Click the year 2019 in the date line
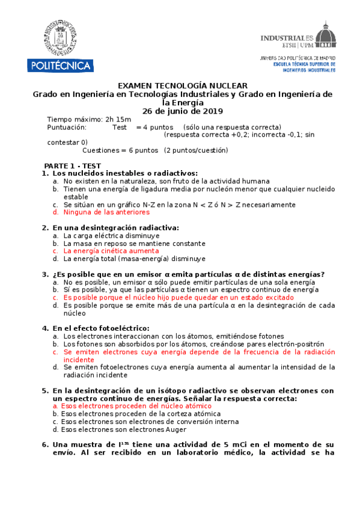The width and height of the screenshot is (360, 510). (x=213, y=111)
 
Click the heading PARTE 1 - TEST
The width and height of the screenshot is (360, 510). (x=72, y=165)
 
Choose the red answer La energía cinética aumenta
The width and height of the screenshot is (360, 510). (x=111, y=251)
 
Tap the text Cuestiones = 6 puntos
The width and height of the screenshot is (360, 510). (x=120, y=150)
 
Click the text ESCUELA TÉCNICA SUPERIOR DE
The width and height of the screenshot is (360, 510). (x=304, y=64)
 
